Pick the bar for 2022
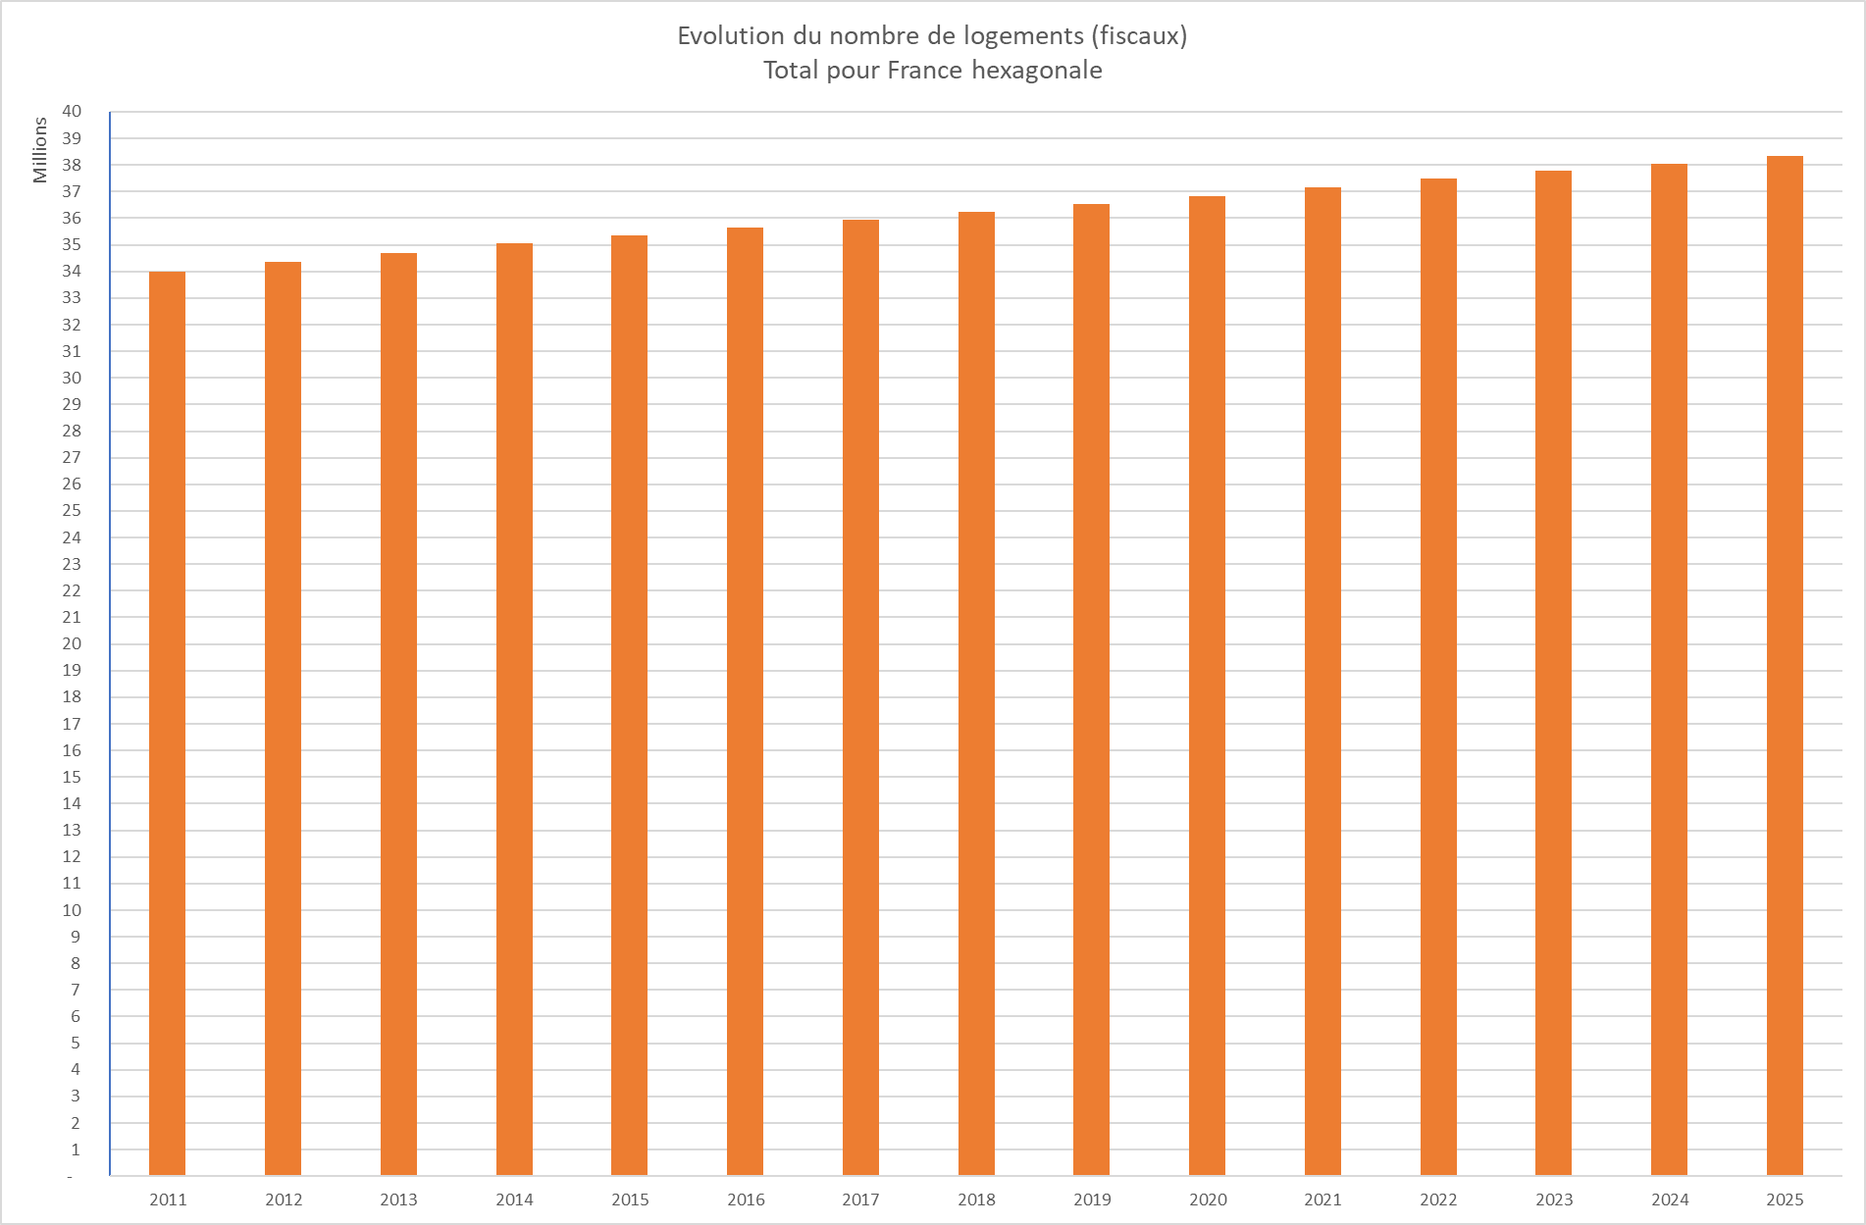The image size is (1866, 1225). tap(1438, 677)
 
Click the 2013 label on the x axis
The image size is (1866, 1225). tap(398, 1199)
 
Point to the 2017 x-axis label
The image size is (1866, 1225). tap(860, 1199)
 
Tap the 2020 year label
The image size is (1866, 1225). tap(1208, 1199)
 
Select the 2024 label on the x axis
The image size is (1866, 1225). tap(1670, 1199)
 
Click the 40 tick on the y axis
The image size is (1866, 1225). tap(72, 111)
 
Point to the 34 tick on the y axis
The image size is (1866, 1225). tap(72, 271)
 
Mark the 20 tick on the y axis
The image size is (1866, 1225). tap(72, 643)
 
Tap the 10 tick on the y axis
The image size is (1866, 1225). tap(72, 910)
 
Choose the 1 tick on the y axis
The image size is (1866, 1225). tap(76, 1149)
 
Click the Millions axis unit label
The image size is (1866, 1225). tap(40, 150)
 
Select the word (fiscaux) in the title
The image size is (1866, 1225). tap(1139, 36)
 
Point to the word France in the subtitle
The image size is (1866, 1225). tap(924, 71)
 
